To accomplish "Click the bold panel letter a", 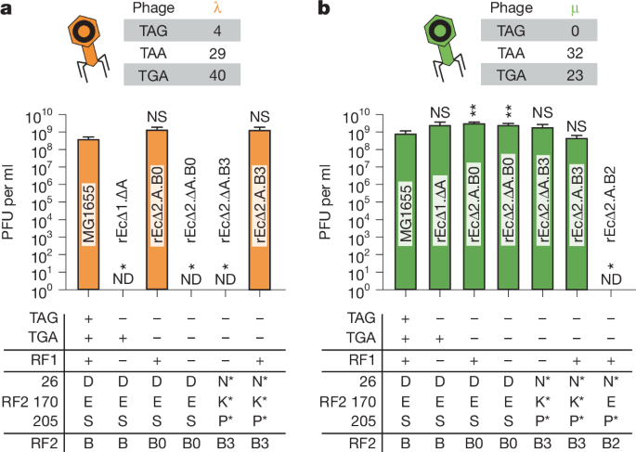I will (x=6, y=9).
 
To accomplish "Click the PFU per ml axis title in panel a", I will (x=14, y=203).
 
